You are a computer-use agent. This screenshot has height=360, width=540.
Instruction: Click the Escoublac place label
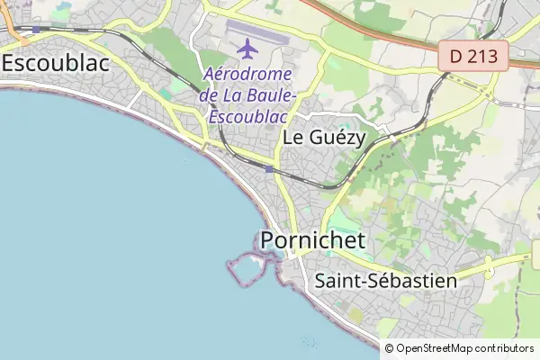55,63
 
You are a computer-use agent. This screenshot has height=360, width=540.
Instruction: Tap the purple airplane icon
247,47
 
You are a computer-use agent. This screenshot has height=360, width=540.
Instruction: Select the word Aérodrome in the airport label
247,75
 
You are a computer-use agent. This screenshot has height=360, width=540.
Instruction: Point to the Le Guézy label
323,138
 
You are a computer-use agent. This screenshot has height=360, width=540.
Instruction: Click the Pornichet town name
313,240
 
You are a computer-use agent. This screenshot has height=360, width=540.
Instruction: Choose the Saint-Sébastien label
386,281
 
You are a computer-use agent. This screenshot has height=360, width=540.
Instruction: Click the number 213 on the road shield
487,56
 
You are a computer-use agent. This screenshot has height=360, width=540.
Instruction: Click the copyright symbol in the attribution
390,347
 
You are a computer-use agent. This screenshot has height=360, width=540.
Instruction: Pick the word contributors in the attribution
505,347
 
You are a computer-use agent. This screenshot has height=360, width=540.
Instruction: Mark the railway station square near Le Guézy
269,168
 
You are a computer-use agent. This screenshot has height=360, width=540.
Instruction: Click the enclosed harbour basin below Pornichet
247,269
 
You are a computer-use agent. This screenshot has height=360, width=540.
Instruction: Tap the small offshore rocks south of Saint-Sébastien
310,341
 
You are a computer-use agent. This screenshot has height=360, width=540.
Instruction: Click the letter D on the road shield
457,56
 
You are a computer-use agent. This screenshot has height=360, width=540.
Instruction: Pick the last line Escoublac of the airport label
247,116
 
